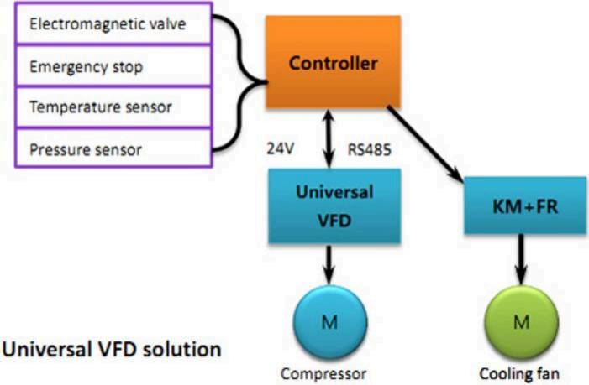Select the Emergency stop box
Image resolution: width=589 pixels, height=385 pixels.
pyautogui.click(x=113, y=65)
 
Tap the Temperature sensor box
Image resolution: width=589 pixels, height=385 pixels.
pyautogui.click(x=113, y=107)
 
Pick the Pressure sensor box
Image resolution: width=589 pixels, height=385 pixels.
pyautogui.click(x=113, y=149)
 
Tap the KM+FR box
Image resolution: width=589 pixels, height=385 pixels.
pyautogui.click(x=525, y=206)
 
